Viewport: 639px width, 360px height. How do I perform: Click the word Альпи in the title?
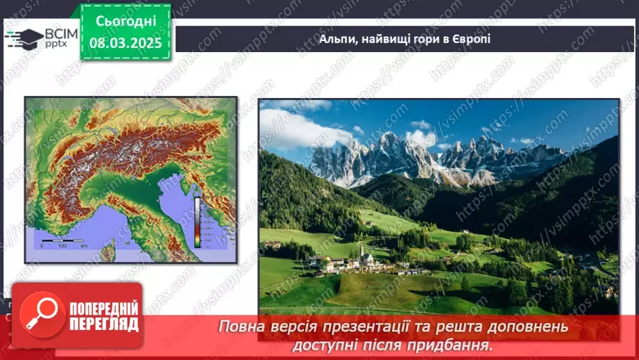tap(336, 39)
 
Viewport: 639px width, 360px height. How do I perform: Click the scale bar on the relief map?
tap(62, 245)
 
